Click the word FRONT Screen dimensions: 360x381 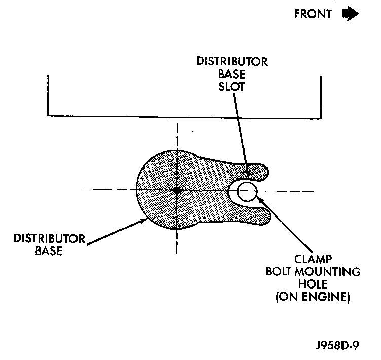[x=313, y=14]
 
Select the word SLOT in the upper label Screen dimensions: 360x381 [x=232, y=86]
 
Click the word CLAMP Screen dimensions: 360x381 [x=313, y=260]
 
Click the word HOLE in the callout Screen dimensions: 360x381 [x=313, y=284]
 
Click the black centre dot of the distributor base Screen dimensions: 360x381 [x=176, y=190]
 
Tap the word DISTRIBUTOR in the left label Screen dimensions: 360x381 [x=43, y=238]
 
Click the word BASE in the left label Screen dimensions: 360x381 [x=50, y=250]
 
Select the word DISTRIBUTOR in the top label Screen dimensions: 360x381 [x=232, y=62]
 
